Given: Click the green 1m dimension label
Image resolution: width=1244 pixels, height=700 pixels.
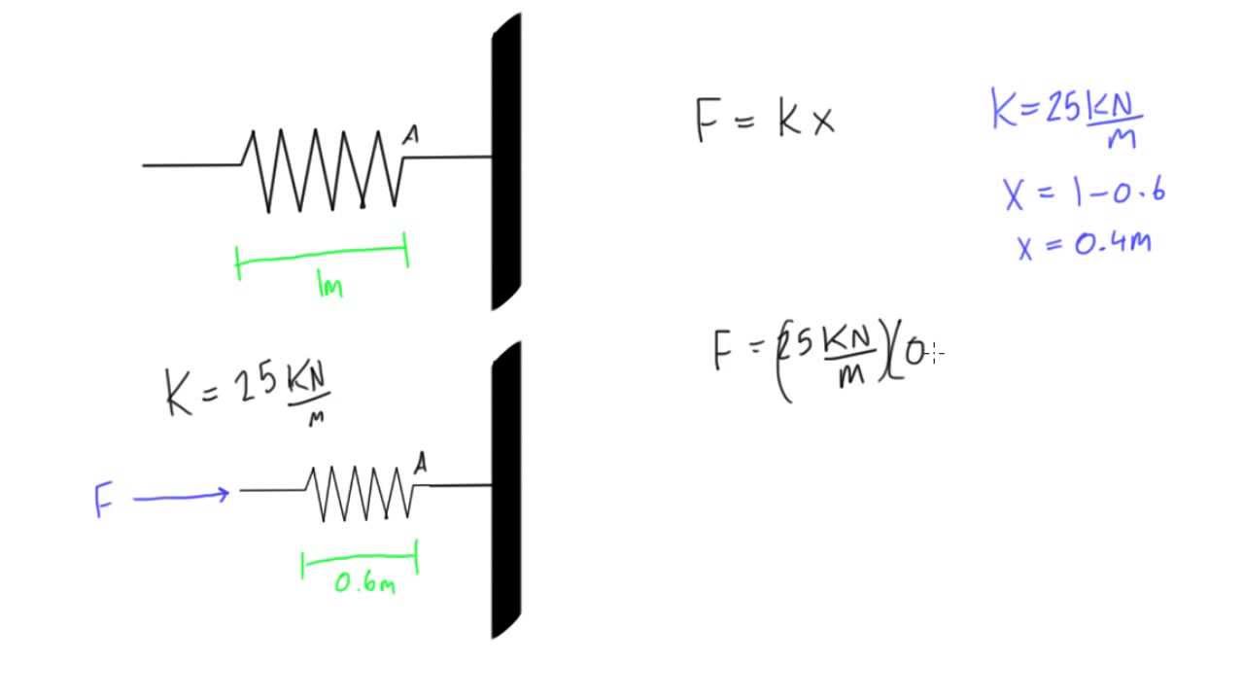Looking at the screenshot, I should pos(330,285).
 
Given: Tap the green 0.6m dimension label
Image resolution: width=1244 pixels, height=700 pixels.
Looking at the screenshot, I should pos(364,583).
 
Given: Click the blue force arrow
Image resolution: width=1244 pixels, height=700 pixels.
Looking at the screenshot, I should pos(181,497).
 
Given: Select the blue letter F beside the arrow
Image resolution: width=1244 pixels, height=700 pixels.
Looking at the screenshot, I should pos(103,501).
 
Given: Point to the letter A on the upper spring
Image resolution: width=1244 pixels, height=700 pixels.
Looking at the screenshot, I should pos(411,137).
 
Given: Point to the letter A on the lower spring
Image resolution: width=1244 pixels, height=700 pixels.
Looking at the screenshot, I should pos(420,465).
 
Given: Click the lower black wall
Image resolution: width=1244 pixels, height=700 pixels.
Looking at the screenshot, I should pos(506,491).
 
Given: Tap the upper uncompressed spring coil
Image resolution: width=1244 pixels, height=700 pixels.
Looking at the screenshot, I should pos(326,170).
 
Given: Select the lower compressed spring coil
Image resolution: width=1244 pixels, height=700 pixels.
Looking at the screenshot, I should pos(362,493).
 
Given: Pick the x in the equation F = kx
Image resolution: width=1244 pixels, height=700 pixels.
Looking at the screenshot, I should pos(822,122).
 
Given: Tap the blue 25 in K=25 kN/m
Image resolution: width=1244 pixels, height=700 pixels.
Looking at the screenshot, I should pos(1063,108).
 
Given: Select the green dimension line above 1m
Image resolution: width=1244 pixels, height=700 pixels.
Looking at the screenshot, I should pos(322,255).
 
